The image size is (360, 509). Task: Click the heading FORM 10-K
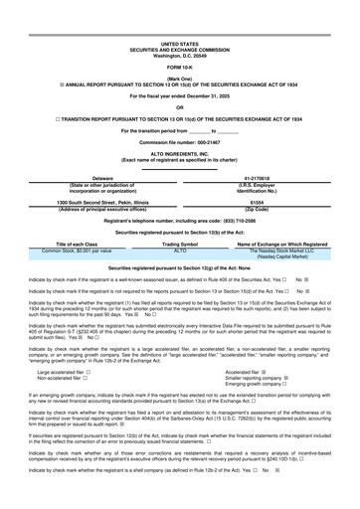pyautogui.click(x=179, y=67)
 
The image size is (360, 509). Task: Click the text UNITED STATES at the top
pyautogui.click(x=179, y=44)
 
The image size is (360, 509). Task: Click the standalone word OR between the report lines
pyautogui.click(x=179, y=107)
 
